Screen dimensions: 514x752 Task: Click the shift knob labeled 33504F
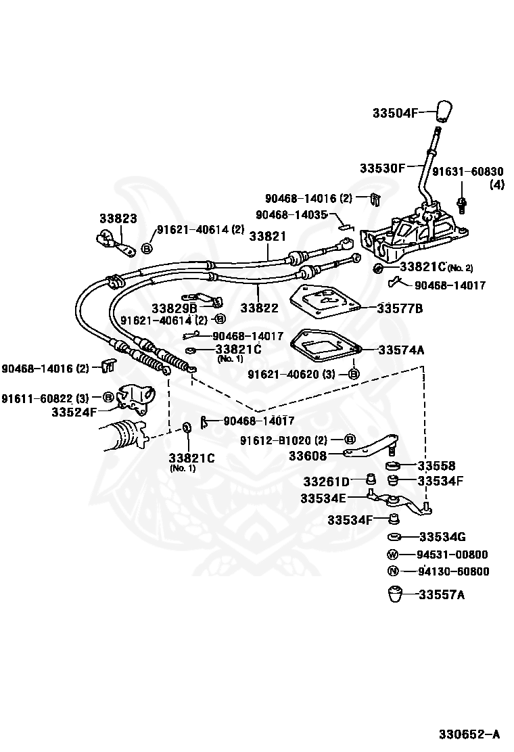tap(444, 112)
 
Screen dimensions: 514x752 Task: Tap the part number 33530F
tap(383, 168)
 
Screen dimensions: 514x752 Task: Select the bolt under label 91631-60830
tap(462, 206)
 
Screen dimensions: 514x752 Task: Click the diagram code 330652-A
tap(469, 734)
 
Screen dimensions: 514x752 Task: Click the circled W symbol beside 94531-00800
tap(392, 555)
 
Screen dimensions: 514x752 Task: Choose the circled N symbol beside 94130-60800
tap(393, 571)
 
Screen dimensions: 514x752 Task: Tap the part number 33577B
tap(400, 308)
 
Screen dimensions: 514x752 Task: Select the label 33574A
tap(401, 350)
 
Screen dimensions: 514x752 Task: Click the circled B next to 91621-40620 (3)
tap(353, 374)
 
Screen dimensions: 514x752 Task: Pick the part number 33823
tap(118, 218)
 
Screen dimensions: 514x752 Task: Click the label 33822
tap(259, 308)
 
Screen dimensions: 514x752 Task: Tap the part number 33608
tap(307, 456)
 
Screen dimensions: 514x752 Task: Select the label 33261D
tap(326, 481)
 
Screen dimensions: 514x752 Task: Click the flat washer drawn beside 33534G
tap(394, 537)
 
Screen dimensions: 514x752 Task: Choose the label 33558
tap(436, 465)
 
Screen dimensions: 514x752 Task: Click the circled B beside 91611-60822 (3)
tap(109, 397)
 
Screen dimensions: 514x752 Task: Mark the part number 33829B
tap(174, 308)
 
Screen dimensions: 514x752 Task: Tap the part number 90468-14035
tap(291, 214)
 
